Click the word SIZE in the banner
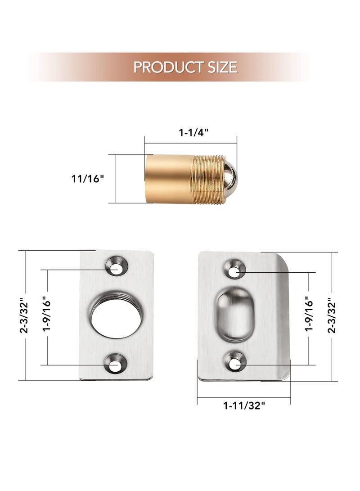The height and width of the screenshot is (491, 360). (220, 67)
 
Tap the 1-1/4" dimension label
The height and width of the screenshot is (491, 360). (194, 133)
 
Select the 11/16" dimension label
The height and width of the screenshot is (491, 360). (87, 178)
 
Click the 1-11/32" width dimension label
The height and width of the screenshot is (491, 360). (244, 405)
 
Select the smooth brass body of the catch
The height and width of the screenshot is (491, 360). (169, 178)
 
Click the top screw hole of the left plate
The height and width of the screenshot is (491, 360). (116, 266)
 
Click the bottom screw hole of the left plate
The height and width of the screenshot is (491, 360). (116, 365)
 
